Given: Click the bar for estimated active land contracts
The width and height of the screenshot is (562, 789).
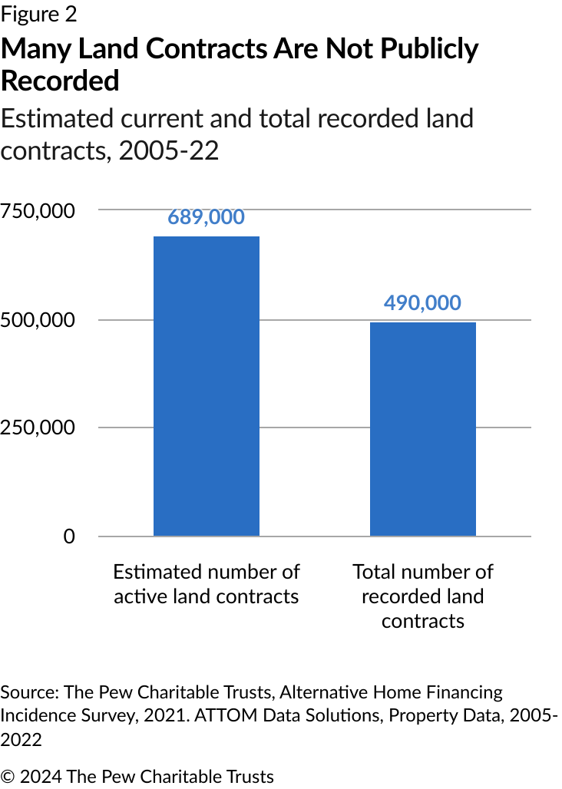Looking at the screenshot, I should pos(207,385).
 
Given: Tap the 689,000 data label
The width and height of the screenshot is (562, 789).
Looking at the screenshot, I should pos(207,217).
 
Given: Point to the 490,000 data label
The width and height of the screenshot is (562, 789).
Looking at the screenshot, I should pos(422,302).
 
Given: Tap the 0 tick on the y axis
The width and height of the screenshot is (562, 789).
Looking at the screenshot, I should pos(69,536).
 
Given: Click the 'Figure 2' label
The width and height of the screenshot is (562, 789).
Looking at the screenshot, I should pos(39,14).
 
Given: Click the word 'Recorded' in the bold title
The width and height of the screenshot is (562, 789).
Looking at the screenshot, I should pos(60,80).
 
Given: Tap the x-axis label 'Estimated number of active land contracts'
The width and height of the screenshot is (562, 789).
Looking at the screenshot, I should pos(207,584).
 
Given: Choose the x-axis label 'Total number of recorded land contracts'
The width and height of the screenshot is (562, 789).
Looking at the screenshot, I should pos(422,596).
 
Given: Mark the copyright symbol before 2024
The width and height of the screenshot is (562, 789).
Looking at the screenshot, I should pos(8,776).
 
